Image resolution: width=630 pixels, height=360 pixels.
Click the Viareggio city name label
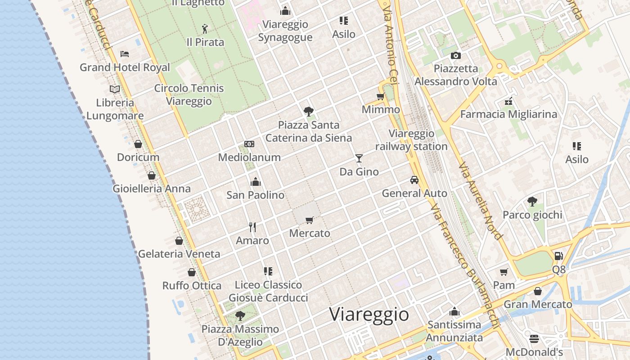[x=369, y=314]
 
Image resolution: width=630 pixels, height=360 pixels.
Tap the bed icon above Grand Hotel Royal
[x=125, y=54]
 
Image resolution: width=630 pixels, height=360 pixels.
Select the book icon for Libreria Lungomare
[x=115, y=89]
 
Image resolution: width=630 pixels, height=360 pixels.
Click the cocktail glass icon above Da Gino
[x=359, y=158]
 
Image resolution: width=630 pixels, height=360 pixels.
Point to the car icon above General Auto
[x=414, y=180]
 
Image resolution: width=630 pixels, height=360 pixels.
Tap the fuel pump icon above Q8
[x=558, y=256]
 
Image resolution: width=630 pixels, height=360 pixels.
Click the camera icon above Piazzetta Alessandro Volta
[x=456, y=55]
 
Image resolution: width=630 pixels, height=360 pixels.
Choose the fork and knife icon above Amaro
[x=252, y=227]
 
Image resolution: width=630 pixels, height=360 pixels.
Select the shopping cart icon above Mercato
[x=309, y=220]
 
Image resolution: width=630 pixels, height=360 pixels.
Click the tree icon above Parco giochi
[x=532, y=201]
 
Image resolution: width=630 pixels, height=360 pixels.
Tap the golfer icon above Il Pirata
[x=205, y=29]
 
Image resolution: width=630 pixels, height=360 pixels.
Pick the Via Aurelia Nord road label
[x=480, y=201]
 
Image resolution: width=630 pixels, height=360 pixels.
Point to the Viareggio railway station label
[x=411, y=140]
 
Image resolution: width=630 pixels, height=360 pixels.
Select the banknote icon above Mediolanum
[x=249, y=144]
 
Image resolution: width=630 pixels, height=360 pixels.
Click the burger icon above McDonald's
[x=534, y=338]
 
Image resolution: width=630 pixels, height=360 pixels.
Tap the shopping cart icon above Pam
[x=504, y=272]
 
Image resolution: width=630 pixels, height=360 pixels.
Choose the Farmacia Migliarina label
[x=508, y=114]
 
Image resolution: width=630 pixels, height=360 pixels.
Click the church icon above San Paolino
[x=256, y=182]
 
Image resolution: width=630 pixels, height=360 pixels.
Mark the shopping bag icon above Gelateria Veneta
[x=179, y=241]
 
